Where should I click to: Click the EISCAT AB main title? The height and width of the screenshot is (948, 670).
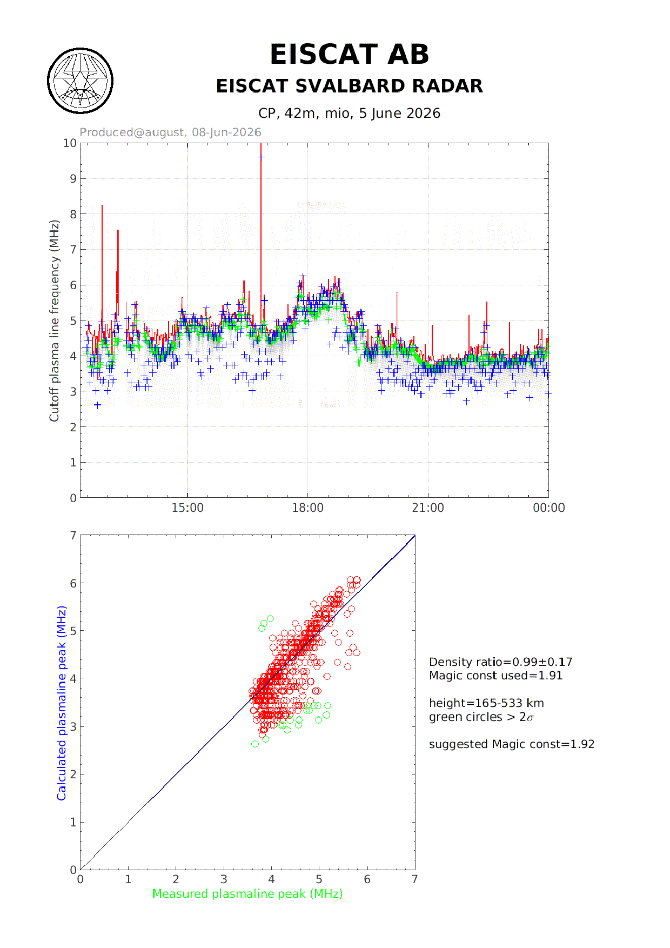349,55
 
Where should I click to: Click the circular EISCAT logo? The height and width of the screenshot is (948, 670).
81,81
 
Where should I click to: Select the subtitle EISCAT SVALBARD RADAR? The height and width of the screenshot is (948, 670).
349,86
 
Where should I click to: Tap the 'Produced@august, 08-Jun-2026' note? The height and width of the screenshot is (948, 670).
170,132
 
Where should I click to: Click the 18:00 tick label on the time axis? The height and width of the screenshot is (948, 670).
307,508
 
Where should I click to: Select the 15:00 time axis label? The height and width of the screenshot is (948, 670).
187,508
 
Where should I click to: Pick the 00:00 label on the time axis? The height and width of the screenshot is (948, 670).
549,508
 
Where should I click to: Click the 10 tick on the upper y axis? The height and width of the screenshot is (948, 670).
70,143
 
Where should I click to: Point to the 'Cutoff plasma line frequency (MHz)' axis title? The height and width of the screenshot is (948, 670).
54,321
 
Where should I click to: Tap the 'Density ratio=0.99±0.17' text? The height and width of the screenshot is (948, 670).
501,662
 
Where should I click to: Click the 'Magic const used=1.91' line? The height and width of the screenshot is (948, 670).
496,676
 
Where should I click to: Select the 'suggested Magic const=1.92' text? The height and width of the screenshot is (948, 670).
512,744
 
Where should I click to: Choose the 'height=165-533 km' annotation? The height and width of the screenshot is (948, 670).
486,703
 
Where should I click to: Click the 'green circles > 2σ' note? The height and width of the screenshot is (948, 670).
481,717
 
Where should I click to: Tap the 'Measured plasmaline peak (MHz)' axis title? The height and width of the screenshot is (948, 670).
247,894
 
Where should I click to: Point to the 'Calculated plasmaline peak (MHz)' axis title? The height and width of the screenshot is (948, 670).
62,703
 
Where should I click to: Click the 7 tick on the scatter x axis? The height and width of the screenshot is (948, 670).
414,879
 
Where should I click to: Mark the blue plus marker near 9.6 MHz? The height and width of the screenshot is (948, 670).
261,157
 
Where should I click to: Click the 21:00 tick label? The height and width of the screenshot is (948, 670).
428,508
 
